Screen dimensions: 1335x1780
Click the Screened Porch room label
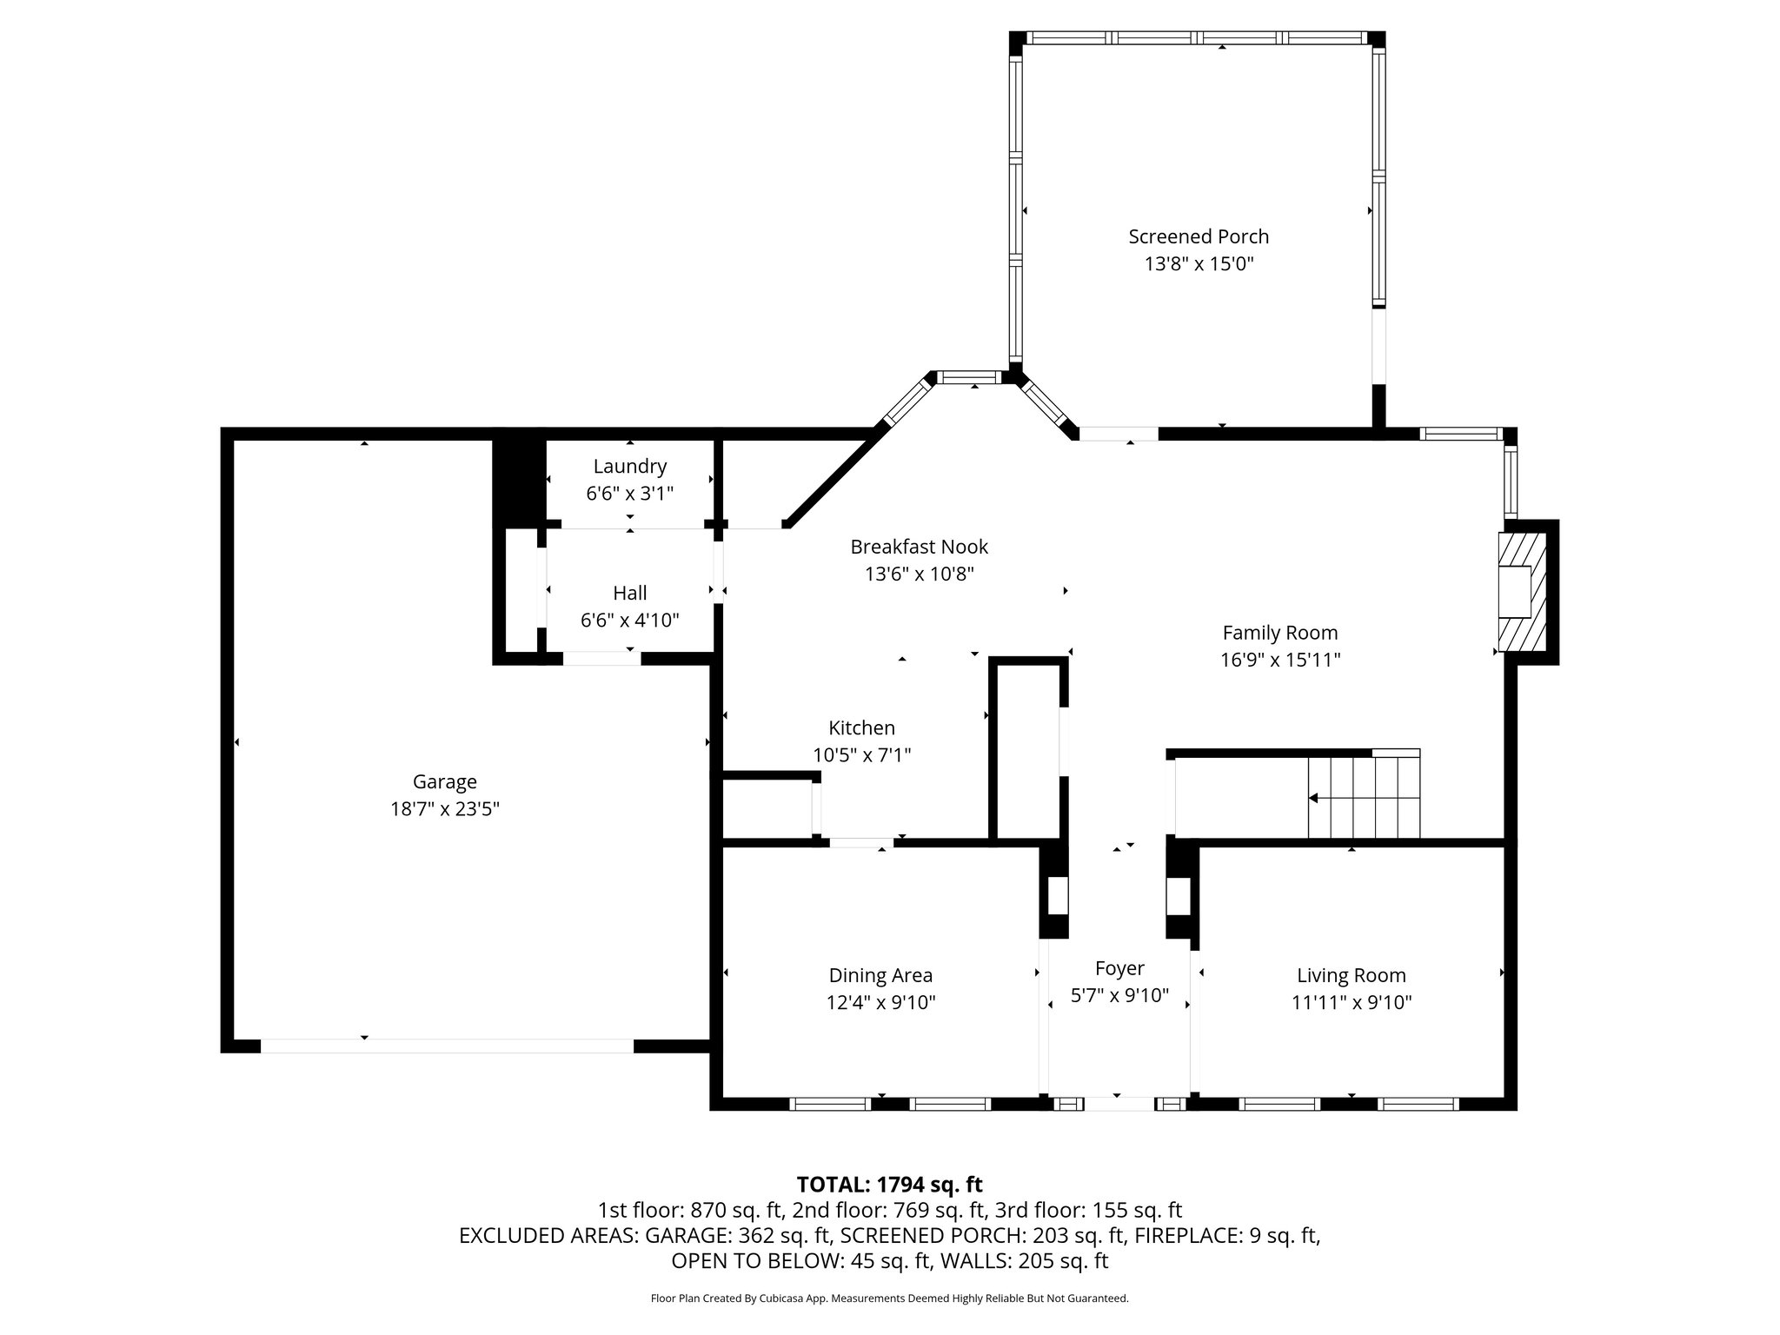pyautogui.click(x=1198, y=236)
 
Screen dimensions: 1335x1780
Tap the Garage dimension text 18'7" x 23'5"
pyautogui.click(x=444, y=809)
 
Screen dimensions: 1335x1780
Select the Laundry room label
pyautogui.click(x=629, y=466)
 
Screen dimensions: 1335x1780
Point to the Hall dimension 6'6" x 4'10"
pyautogui.click(x=629, y=621)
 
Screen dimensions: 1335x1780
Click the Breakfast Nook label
pyautogui.click(x=919, y=547)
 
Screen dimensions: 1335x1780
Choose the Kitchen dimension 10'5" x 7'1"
pyautogui.click(x=861, y=755)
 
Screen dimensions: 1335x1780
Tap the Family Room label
pyautogui.click(x=1279, y=633)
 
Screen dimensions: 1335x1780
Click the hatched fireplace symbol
pyautogui.click(x=1521, y=593)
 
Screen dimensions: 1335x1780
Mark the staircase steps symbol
pyautogui.click(x=1364, y=797)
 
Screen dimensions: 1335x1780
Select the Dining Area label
pyautogui.click(x=880, y=975)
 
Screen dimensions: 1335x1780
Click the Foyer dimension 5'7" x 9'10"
pyautogui.click(x=1119, y=995)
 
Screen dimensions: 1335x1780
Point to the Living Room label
pyautogui.click(x=1351, y=975)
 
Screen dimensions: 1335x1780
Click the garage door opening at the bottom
pyautogui.click(x=447, y=1046)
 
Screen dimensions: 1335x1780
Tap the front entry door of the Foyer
pyautogui.click(x=1119, y=1104)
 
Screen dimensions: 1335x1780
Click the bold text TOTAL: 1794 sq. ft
pyautogui.click(x=889, y=1184)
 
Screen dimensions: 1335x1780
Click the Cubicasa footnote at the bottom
pyautogui.click(x=889, y=1298)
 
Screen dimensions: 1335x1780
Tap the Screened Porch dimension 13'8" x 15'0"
pyautogui.click(x=1198, y=263)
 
